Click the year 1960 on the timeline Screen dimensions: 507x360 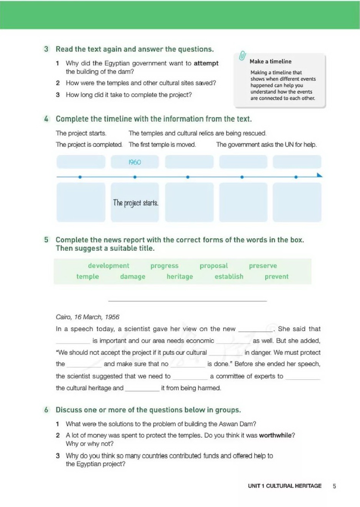point(135,162)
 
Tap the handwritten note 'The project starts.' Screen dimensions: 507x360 point(135,203)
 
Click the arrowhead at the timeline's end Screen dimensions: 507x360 point(319,175)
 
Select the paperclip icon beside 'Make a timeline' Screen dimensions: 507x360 point(242,56)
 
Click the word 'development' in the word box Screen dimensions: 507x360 point(108,266)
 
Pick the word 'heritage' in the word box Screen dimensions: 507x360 point(180,277)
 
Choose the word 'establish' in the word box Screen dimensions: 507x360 point(229,277)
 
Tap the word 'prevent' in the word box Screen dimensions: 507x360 point(276,277)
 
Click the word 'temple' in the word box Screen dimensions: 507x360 point(87,277)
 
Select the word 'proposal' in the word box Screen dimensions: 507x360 point(213,266)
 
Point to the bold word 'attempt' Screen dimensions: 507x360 point(206,63)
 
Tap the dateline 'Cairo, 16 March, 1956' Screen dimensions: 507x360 point(87,317)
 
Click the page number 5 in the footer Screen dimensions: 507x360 point(334,486)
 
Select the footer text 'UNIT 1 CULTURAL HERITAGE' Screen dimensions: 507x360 point(285,486)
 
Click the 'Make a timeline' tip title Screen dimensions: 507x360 point(270,62)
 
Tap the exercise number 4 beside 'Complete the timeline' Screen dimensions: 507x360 point(46,119)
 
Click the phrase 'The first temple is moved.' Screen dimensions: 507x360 point(162,145)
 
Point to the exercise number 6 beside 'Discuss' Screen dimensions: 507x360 point(46,410)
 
